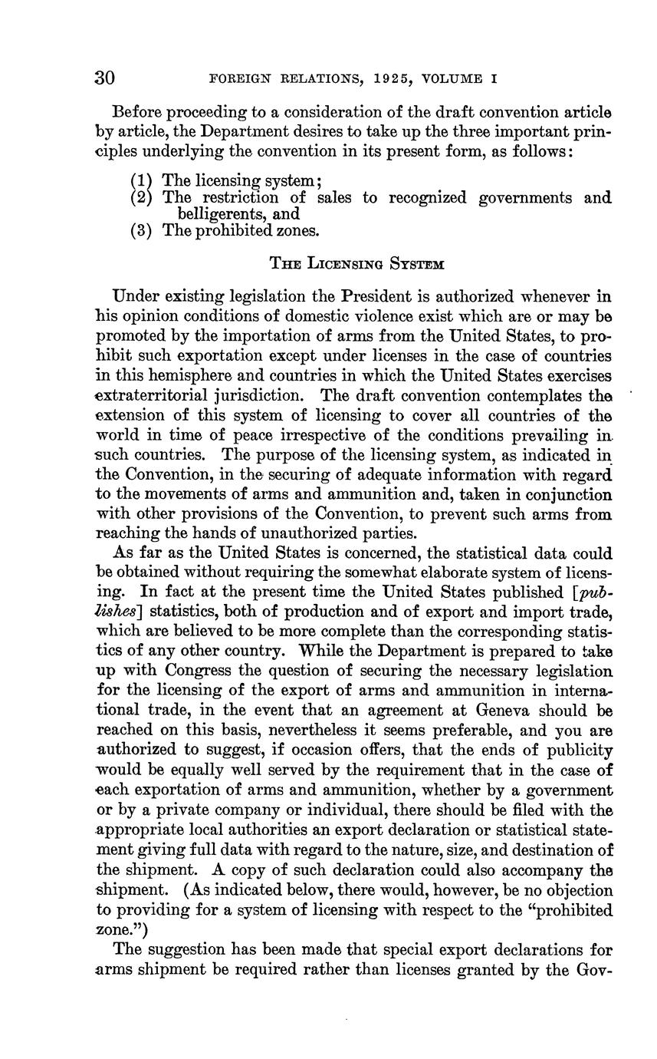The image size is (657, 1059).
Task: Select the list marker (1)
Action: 142,181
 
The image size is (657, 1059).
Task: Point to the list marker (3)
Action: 142,230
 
